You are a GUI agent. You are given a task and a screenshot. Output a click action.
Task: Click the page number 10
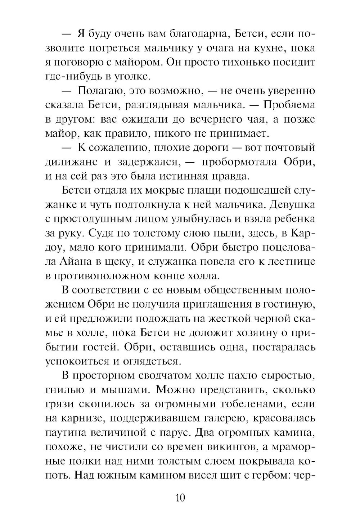[x=180, y=498]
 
